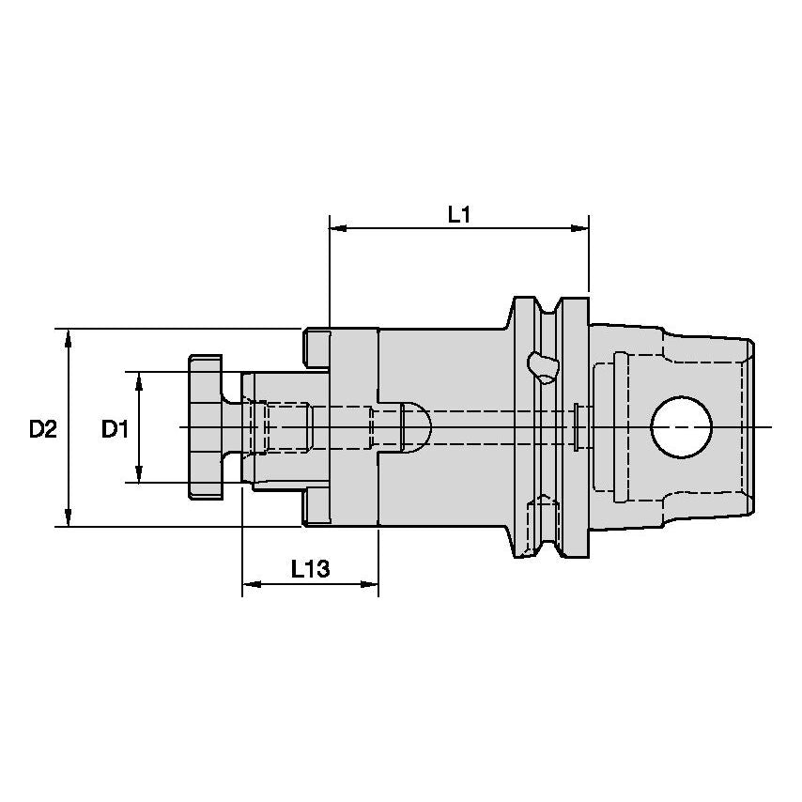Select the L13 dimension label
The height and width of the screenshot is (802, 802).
tap(309, 570)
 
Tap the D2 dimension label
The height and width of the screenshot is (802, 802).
tap(42, 429)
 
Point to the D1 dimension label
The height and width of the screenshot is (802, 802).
tap(115, 429)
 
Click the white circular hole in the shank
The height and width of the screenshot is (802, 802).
tap(681, 427)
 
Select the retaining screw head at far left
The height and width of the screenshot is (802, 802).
tap(206, 427)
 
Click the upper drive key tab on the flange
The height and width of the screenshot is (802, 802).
tap(316, 347)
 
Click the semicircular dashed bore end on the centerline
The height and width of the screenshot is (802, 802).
tap(417, 427)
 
